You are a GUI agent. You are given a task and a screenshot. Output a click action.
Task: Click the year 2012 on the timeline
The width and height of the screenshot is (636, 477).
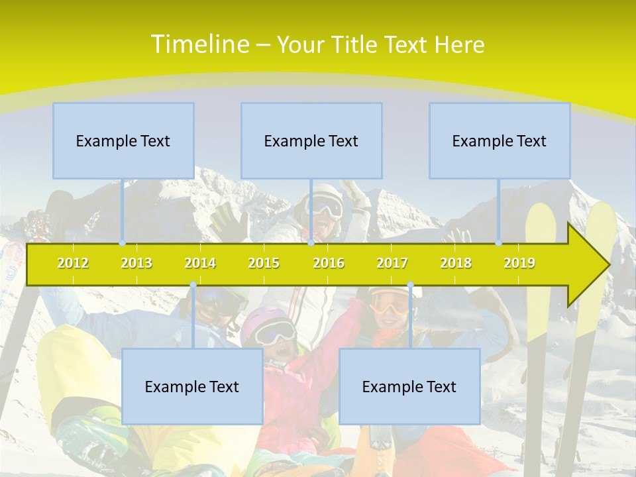click(x=73, y=263)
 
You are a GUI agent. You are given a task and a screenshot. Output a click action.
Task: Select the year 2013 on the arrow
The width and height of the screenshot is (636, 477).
click(x=136, y=263)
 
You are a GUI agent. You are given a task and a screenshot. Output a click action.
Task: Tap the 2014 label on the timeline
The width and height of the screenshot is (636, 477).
click(x=200, y=263)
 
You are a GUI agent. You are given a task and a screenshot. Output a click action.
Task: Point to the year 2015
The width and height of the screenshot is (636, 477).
click(x=264, y=263)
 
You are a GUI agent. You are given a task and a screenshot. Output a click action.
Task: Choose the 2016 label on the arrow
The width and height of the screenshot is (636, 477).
click(x=329, y=263)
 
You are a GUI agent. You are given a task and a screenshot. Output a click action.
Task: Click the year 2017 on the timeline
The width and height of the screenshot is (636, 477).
click(x=392, y=263)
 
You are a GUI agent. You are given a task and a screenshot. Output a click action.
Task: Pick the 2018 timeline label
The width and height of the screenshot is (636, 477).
click(x=456, y=263)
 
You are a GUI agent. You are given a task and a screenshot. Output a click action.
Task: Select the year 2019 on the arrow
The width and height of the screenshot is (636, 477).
click(x=519, y=263)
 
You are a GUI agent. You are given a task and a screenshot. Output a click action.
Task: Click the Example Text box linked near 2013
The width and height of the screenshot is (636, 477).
click(x=123, y=140)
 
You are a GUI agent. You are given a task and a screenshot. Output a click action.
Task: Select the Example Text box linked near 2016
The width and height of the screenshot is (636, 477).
click(x=311, y=140)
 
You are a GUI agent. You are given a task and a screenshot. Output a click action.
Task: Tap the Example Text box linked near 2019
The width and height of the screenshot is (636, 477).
click(x=500, y=140)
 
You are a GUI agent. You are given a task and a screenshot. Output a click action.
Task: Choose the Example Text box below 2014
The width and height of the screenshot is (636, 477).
click(x=192, y=386)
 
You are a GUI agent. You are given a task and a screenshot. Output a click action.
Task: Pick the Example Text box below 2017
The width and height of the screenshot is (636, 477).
click(x=409, y=386)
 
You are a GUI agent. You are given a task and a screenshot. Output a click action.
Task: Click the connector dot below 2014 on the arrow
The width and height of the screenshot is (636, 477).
click(x=193, y=285)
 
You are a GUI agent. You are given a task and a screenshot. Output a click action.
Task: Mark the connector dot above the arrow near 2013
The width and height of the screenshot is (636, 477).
click(x=122, y=243)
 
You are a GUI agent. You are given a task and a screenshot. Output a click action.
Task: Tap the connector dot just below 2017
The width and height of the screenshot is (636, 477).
click(x=410, y=285)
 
